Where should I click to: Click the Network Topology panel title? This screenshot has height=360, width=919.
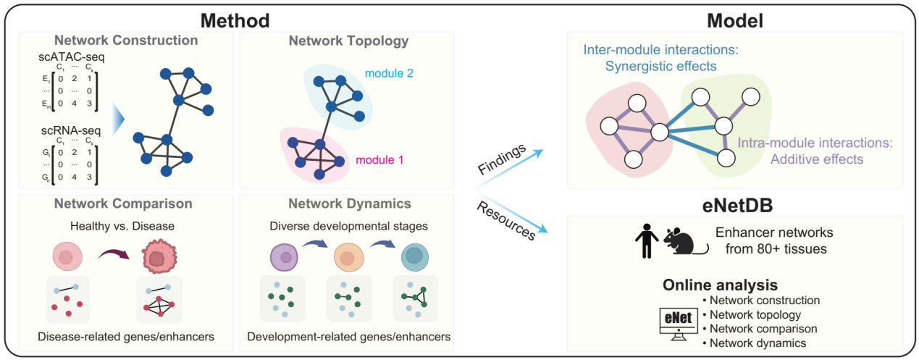point(348,41)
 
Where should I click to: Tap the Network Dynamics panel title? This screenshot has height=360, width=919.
point(348,204)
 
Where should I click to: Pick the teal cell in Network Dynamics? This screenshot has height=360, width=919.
point(416,258)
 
